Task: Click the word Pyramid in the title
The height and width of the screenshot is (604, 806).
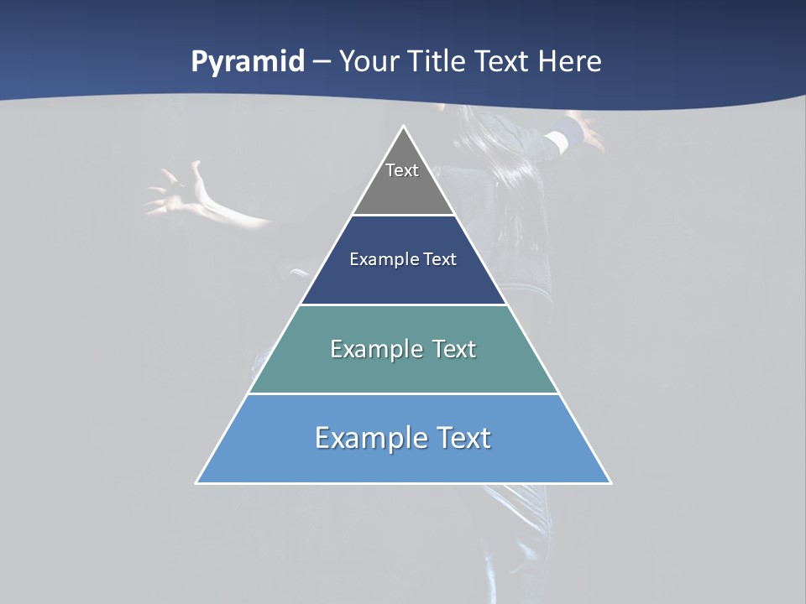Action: point(248,62)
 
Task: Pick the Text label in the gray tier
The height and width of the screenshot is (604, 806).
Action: point(402,170)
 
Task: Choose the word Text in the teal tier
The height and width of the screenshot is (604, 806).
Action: point(454,349)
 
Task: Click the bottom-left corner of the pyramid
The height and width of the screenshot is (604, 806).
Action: point(197,482)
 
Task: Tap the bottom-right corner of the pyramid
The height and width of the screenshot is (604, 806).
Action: point(610,482)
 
